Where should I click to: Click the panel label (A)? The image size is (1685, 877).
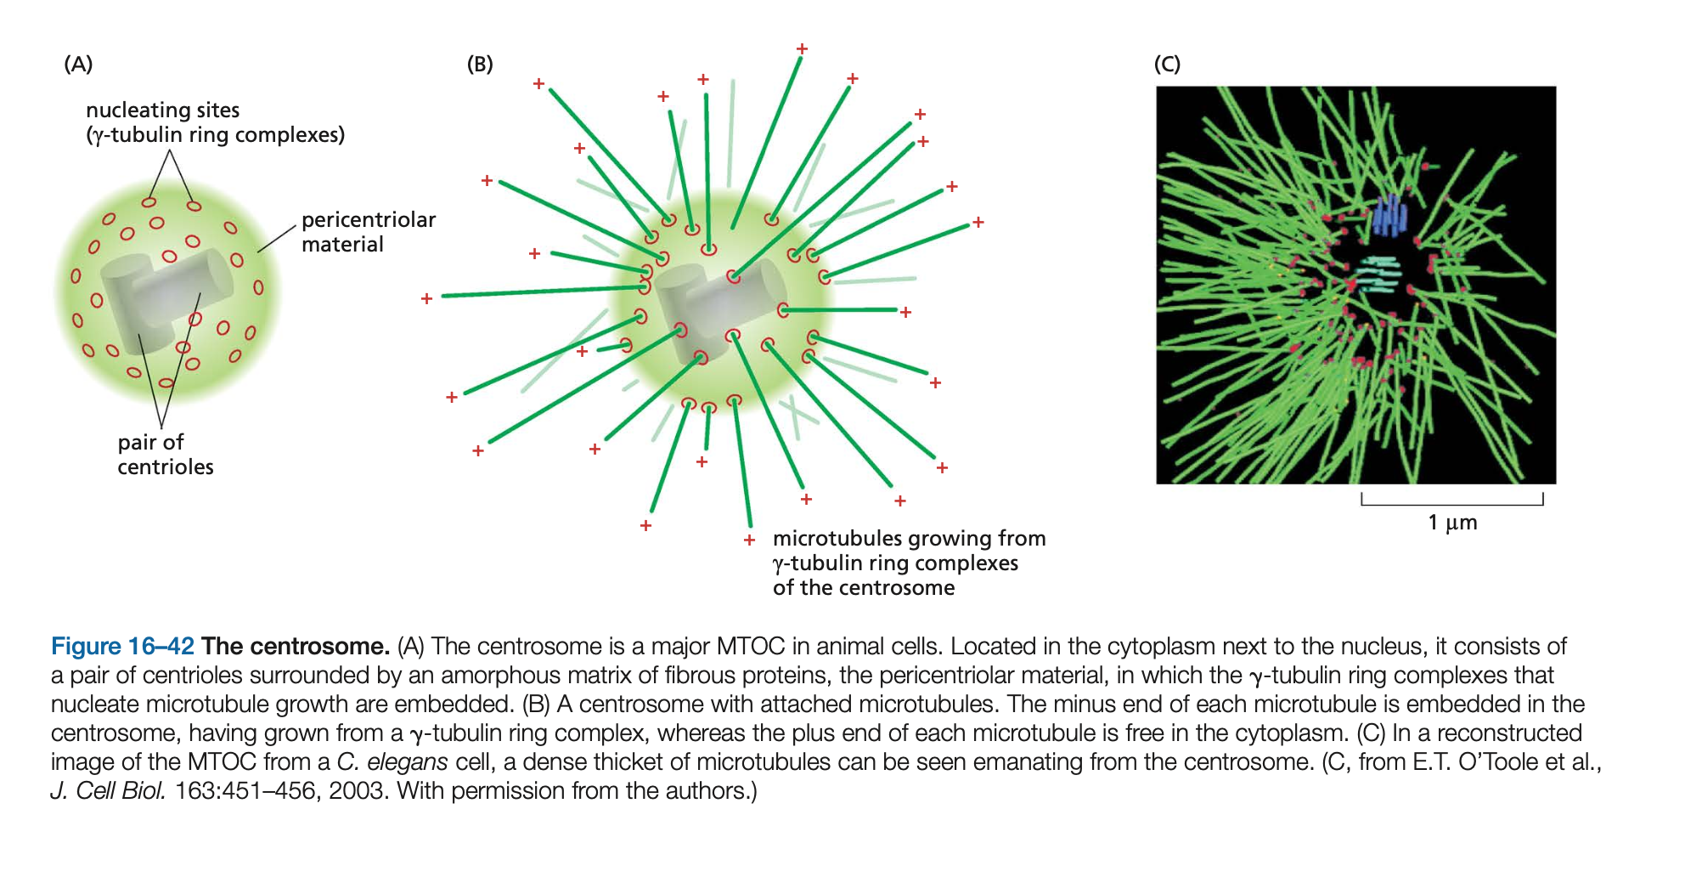coord(78,65)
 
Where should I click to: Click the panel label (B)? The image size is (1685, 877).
coord(480,65)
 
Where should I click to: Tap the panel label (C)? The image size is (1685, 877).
coord(1167,65)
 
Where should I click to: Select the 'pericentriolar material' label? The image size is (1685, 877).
coord(369,232)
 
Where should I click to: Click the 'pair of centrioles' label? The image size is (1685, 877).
coord(166,454)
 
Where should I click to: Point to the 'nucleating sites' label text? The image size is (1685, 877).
coord(163,110)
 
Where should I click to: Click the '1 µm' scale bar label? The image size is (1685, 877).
coord(1452,522)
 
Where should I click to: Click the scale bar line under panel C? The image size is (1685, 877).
coord(1452,504)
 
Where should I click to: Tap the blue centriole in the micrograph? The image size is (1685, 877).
coord(1389,216)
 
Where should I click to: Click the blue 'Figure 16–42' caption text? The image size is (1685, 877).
coord(122,646)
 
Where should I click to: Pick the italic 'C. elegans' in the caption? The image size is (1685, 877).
coord(392,761)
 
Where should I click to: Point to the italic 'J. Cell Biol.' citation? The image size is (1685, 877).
coord(108,790)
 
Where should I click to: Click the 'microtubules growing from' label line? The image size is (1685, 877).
coord(910,538)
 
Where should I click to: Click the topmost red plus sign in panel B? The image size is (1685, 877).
coord(802,48)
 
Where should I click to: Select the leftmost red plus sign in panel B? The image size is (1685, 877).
coord(426,298)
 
